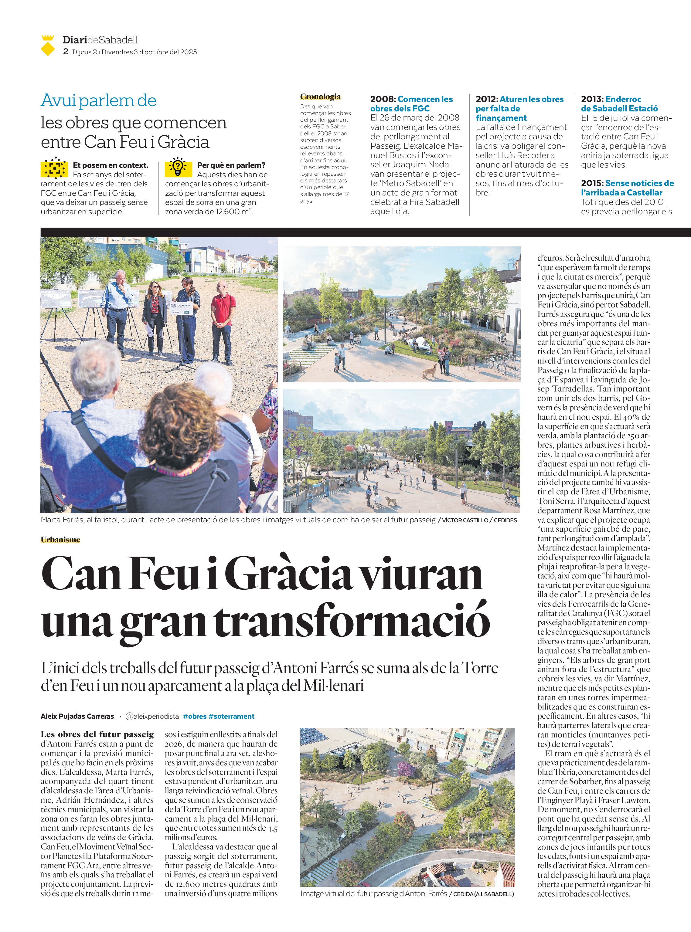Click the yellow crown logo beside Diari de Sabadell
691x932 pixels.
tap(48, 46)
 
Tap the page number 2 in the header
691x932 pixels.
tap(66, 52)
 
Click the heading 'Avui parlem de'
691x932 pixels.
tap(98, 100)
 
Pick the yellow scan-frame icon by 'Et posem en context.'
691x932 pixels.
tap(54, 168)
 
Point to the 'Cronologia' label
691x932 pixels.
tap(320, 97)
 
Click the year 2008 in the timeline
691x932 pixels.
tap(382, 100)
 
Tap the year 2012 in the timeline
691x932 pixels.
tap(486, 100)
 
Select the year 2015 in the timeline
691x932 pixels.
tap(591, 183)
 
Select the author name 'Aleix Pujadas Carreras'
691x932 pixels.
tap(77, 716)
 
